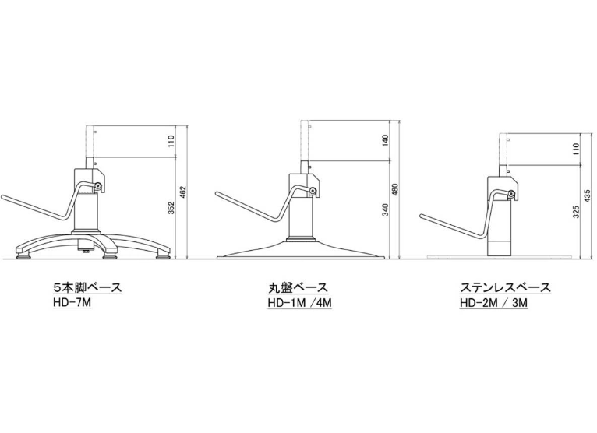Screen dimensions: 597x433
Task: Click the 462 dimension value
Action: tap(182, 192)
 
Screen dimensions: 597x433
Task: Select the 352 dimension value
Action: tap(171, 208)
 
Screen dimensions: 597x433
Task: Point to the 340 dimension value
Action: tap(386, 210)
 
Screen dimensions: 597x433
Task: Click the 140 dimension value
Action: tap(386, 141)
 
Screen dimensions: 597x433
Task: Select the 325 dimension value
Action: tap(576, 212)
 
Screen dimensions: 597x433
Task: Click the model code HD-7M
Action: tap(72, 302)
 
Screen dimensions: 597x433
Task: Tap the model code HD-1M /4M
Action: tap(299, 303)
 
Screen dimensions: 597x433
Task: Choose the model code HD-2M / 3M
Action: tap(493, 303)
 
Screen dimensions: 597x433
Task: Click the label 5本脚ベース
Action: tap(87, 287)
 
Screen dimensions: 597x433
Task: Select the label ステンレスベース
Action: tap(506, 287)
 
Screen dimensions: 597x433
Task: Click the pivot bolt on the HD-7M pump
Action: tap(99, 186)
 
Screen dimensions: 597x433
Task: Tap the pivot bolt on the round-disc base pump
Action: tap(313, 192)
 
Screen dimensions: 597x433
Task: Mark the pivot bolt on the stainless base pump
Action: tap(511, 195)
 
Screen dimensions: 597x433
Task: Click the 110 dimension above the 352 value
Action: tap(171, 142)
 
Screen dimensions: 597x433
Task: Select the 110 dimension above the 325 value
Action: tap(576, 149)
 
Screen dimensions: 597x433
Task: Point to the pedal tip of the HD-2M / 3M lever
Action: tap(422, 216)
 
